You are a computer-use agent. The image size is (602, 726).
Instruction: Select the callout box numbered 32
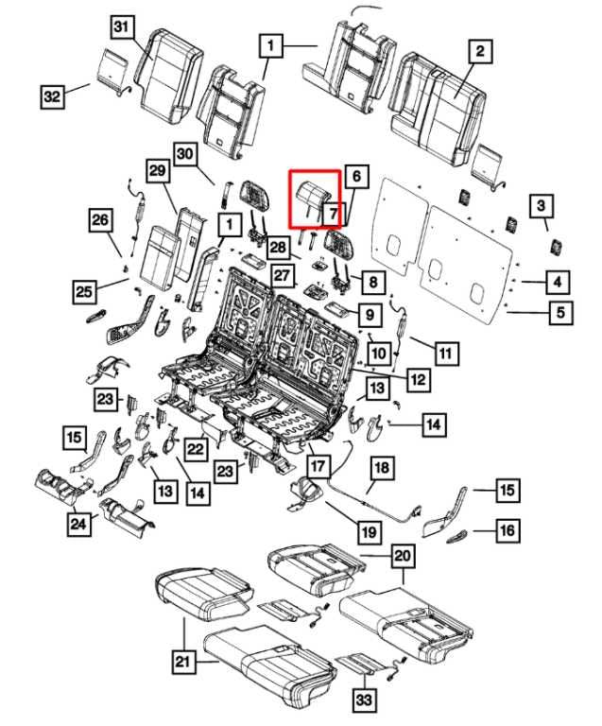pyautogui.click(x=52, y=96)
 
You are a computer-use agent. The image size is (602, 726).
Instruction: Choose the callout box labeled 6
pyautogui.click(x=355, y=177)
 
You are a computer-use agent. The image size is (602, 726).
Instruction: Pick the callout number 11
pyautogui.click(x=445, y=354)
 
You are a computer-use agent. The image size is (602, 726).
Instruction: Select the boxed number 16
pyautogui.click(x=507, y=530)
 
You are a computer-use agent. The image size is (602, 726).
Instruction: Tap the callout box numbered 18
pyautogui.click(x=381, y=469)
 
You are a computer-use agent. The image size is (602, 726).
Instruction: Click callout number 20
pyautogui.click(x=403, y=556)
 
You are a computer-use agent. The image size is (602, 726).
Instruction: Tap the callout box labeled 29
pyautogui.click(x=156, y=170)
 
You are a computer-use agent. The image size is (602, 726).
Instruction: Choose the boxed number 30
pyautogui.click(x=184, y=154)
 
